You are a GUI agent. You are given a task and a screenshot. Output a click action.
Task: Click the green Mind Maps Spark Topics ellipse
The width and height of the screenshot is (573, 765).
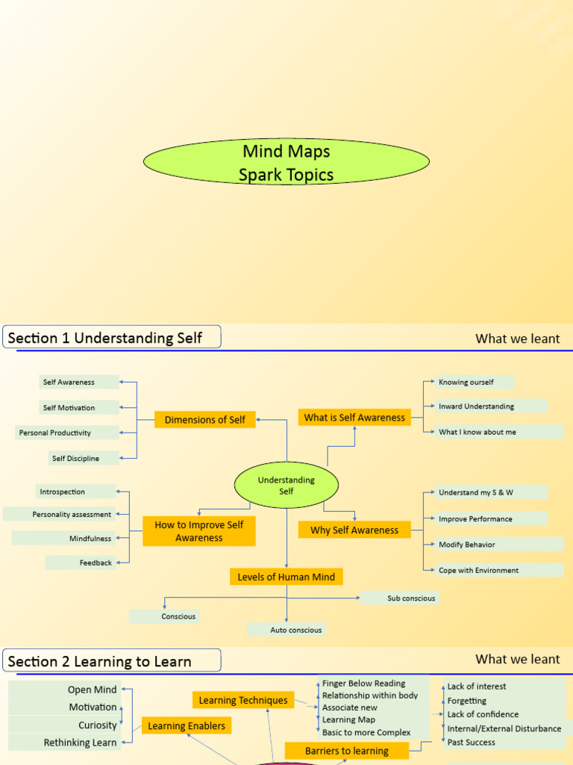[286, 163]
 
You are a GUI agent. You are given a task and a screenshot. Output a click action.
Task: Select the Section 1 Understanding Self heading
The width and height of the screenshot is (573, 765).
[112, 338]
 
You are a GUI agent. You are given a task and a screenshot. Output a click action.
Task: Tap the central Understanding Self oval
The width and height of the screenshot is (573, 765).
[286, 485]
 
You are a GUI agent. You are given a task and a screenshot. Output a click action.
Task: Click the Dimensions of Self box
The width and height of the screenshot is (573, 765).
[205, 420]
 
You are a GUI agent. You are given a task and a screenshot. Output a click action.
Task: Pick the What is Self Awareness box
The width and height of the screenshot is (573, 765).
[354, 418]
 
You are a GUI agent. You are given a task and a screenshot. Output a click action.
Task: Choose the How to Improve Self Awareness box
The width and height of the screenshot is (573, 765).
[199, 531]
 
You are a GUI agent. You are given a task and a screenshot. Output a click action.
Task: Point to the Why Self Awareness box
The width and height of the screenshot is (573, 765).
[354, 530]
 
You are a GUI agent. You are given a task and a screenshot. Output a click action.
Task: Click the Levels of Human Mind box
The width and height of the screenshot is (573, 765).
[286, 577]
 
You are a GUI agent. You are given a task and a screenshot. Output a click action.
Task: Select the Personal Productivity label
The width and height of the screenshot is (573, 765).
[66, 433]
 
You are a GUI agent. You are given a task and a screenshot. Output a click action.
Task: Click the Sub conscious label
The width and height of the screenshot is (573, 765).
[400, 598]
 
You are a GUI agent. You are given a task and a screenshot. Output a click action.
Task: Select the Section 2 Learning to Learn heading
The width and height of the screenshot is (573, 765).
[112, 661]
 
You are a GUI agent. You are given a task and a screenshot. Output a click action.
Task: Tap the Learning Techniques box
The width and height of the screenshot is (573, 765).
[242, 700]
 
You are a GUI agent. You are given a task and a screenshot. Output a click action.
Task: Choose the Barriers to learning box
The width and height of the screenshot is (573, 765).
[347, 751]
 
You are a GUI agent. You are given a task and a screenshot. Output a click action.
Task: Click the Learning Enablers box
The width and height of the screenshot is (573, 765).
[186, 725]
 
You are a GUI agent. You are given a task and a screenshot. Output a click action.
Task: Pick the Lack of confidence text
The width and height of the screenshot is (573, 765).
[483, 714]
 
